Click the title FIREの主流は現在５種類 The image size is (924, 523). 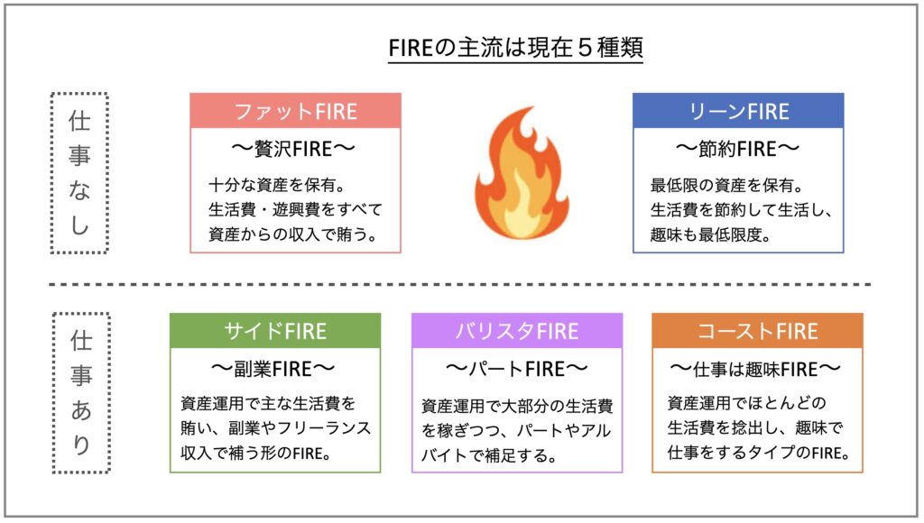tap(515, 47)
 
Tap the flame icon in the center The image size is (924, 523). tap(522, 174)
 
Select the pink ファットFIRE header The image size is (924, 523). tap(295, 111)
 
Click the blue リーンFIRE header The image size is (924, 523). tap(738, 111)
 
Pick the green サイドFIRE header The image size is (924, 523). tap(275, 331)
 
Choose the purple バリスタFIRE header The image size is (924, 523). tap(517, 331)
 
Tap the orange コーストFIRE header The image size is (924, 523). tap(757, 331)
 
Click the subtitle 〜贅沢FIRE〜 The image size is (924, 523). tap(293, 149)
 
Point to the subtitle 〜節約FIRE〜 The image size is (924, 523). tap(738, 149)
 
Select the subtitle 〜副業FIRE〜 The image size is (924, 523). tap(273, 370)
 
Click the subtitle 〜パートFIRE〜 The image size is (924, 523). tap(516, 370)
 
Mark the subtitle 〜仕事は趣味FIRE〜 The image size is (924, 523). tap(755, 370)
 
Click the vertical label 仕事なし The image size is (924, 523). tap(79, 173)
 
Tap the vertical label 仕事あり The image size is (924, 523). tap(81, 393)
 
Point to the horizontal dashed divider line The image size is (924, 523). tap(459, 284)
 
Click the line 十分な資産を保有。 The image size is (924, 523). tap(277, 186)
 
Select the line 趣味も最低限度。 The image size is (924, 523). tap(710, 235)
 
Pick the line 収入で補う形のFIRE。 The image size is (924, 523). tap(255, 454)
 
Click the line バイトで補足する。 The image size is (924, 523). tap(488, 456)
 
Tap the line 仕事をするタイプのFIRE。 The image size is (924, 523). tap(759, 453)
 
